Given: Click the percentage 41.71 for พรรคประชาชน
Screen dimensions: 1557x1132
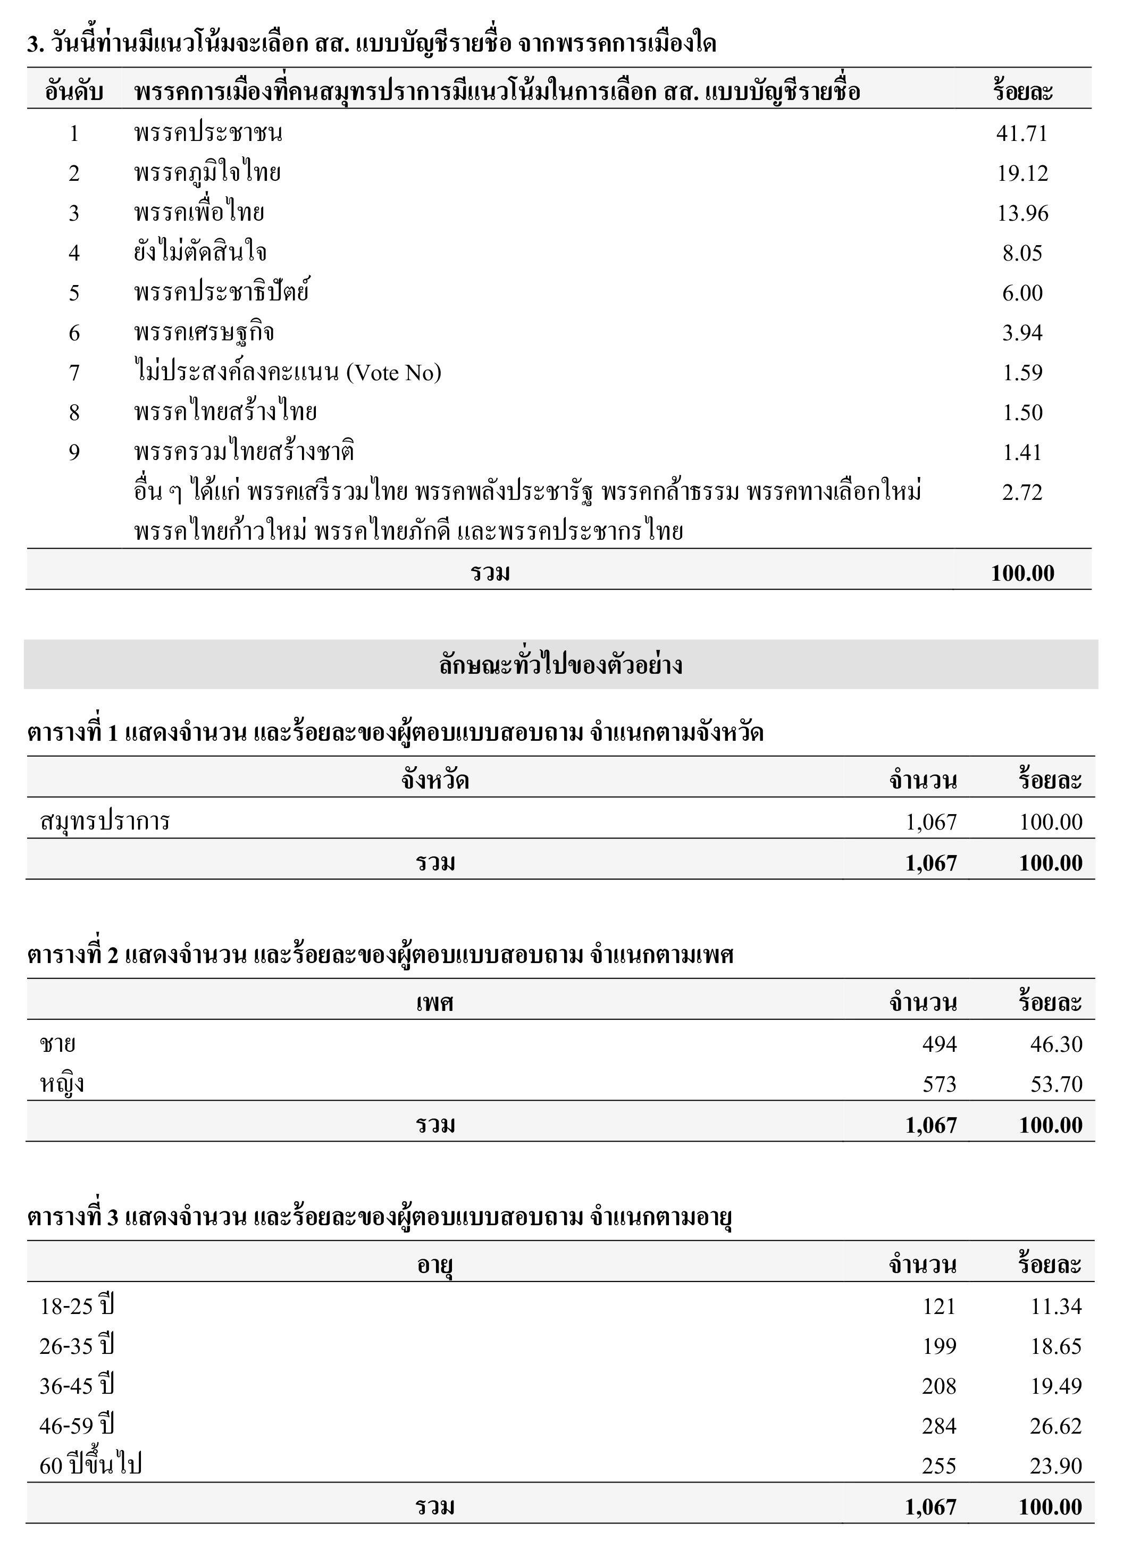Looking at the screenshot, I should coord(1021,133).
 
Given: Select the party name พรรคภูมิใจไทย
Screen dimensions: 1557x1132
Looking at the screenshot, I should coord(207,173).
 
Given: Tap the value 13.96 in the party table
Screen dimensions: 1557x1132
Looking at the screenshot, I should coord(1022,214).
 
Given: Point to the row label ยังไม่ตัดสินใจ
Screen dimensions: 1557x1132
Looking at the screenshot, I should coord(200,253).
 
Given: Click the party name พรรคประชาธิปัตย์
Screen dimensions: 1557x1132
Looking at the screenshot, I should coord(222,293).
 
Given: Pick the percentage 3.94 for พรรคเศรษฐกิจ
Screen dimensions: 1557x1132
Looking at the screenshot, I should coord(1022,333).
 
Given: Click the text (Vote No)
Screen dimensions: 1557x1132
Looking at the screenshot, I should coord(393,373).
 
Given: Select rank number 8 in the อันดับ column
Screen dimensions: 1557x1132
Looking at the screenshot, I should coord(74,413).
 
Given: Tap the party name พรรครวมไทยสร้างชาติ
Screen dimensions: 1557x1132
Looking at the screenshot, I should coord(244,453).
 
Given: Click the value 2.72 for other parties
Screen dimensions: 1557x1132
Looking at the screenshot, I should coord(1022,492).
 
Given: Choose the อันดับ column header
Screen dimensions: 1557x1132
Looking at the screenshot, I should coord(74,92).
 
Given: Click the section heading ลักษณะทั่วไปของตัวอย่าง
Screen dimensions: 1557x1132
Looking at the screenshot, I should coord(560,665).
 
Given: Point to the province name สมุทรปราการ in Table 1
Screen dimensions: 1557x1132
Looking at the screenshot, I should coord(105,822).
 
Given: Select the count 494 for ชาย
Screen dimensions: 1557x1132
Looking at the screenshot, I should coord(938,1044).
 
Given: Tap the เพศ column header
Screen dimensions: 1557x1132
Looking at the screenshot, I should coord(434,1003).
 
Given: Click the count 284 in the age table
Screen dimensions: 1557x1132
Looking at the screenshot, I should coord(938,1426).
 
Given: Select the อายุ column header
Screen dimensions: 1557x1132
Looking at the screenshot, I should coord(434,1265).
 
